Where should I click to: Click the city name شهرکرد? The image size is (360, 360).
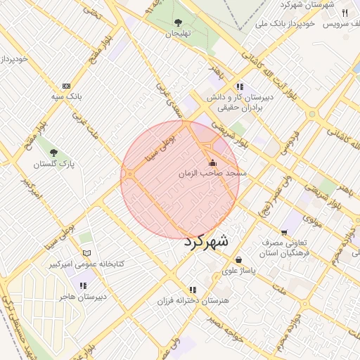[x=206, y=241]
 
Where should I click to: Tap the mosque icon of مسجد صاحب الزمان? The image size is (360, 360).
[x=212, y=162]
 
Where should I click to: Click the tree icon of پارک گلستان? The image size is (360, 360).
[x=53, y=152]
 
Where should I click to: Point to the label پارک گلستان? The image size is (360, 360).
[x=53, y=164]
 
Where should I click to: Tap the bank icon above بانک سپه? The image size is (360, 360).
[x=67, y=84]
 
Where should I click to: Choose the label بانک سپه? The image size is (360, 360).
[x=69, y=94]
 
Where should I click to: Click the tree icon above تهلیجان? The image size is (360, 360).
[x=178, y=22]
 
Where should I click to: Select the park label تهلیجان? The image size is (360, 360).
[x=178, y=33]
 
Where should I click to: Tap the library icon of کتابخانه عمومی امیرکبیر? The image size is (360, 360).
[x=87, y=253]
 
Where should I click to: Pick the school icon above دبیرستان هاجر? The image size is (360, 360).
[x=84, y=285]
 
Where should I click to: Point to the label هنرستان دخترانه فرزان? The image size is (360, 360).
[x=192, y=301]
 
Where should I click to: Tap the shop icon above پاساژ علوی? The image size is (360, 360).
[x=239, y=259]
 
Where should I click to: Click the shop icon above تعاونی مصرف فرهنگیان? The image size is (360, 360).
[x=284, y=232]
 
